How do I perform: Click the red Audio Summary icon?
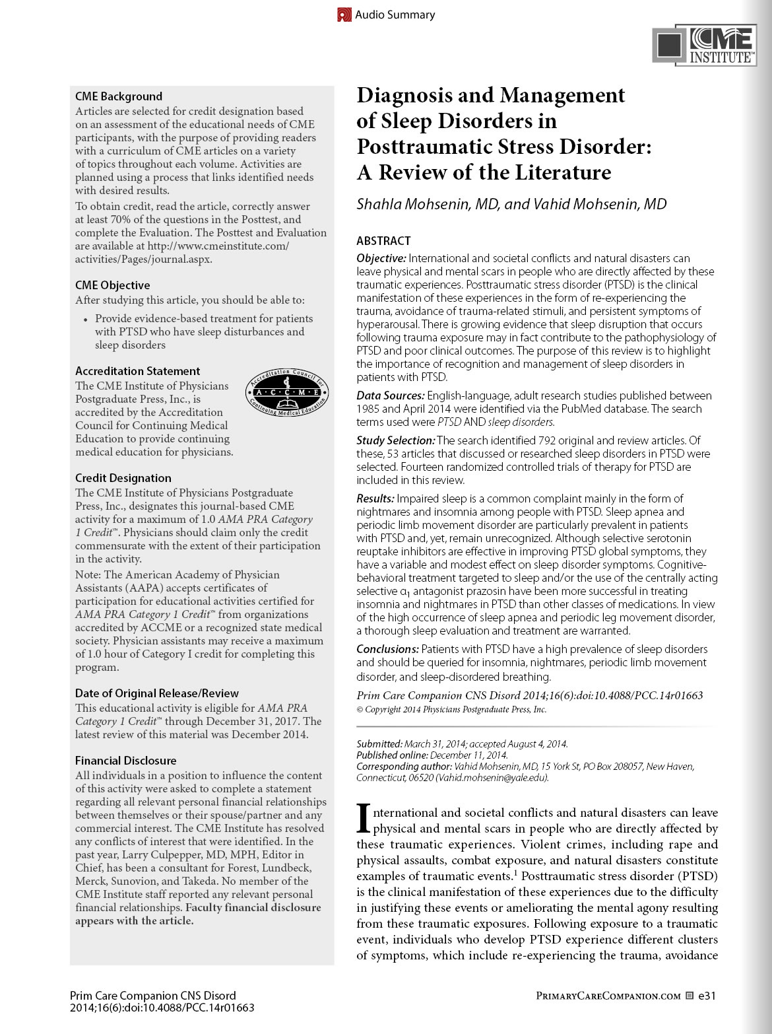point(344,15)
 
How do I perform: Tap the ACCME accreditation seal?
point(287,392)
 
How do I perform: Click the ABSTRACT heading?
point(383,241)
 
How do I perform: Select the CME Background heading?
point(119,96)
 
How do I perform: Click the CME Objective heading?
point(113,285)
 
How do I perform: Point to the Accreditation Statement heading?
point(137,371)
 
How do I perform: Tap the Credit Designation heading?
point(123,478)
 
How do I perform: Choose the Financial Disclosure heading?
point(125,761)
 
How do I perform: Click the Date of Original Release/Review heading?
point(157,693)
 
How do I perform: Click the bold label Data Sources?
point(390,396)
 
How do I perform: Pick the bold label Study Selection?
point(395,440)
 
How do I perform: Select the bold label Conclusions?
point(387,649)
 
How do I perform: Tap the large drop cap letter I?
point(363,819)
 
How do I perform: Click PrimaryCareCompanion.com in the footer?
point(608,996)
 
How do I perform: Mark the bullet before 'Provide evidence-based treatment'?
point(86,319)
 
